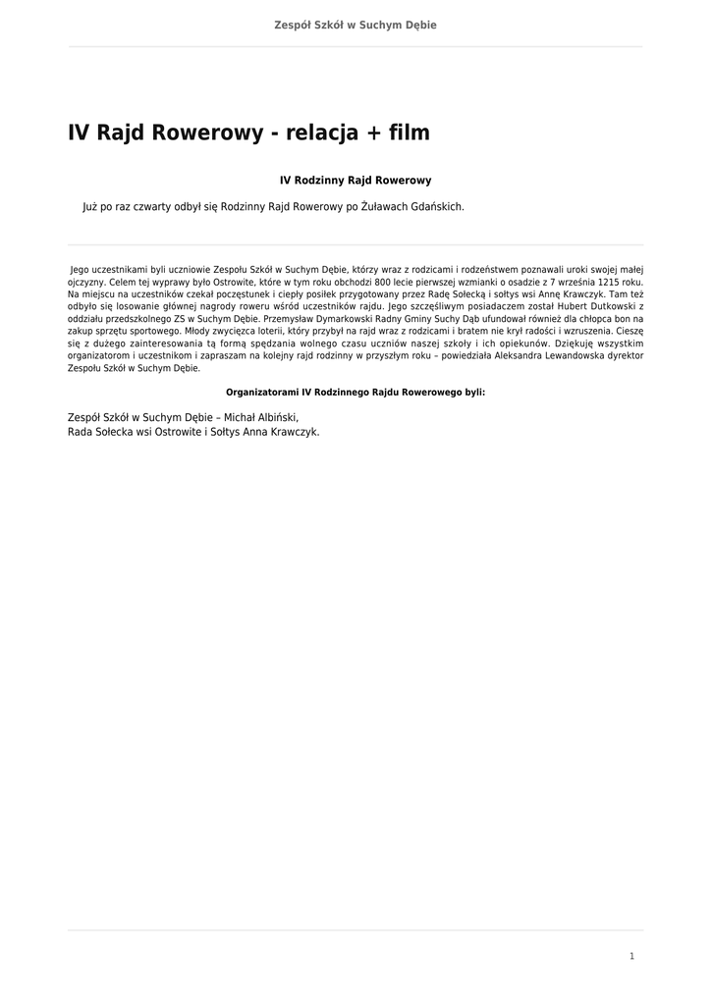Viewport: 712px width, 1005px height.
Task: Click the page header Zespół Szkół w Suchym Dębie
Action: tap(356, 25)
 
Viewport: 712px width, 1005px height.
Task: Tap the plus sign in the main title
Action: tap(372, 133)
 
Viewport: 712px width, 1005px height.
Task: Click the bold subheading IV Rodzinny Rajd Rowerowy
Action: tap(356, 181)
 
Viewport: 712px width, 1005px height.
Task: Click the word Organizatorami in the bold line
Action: tap(262, 392)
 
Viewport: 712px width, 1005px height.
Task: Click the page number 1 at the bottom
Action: tap(631, 956)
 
